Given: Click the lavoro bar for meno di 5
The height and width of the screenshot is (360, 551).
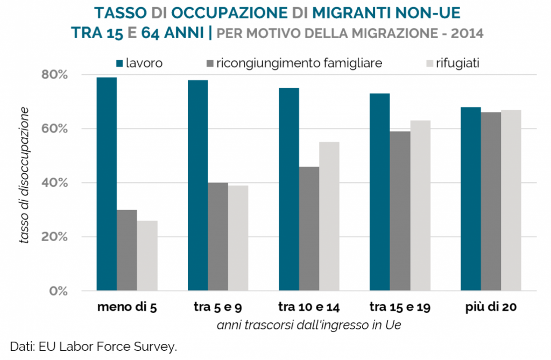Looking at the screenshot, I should pos(107,184).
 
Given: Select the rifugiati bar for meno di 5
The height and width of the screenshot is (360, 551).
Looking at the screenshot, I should pos(147,256).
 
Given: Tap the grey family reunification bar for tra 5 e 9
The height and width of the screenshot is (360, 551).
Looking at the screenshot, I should pos(218,237).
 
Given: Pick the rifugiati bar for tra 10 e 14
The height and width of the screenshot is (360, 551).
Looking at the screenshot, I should pos(329,216).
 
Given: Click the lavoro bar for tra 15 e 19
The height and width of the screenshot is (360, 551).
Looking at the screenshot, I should pos(380,192).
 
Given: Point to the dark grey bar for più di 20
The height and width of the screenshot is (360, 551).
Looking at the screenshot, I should pos(491,201).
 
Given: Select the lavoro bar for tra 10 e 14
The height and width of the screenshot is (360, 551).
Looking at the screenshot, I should pos(289,189).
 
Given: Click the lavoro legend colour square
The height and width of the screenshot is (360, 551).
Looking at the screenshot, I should pos(119,63).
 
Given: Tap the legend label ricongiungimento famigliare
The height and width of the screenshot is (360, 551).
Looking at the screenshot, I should pos(299,63).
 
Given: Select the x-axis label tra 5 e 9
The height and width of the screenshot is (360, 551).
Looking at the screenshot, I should pos(218,308).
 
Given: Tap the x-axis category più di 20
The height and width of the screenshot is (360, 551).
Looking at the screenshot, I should pos(491,308).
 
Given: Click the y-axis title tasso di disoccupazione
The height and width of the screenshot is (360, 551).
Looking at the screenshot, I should pos(24,175).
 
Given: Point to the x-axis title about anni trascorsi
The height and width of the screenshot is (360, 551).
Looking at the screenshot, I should pos(309,325).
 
